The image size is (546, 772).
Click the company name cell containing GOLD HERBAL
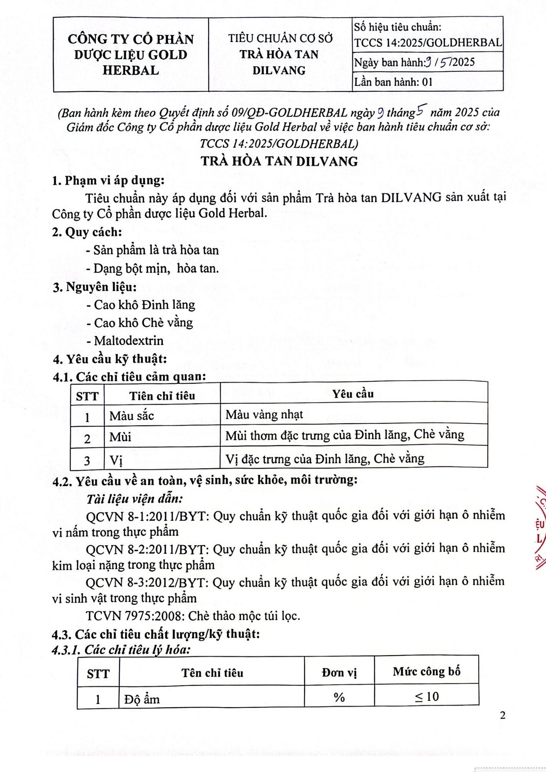pyautogui.click(x=131, y=54)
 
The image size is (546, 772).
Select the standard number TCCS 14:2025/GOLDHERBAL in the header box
pyautogui.click(x=428, y=42)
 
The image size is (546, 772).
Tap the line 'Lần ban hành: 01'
pyautogui.click(x=393, y=82)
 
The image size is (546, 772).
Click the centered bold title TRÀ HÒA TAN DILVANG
pyautogui.click(x=279, y=161)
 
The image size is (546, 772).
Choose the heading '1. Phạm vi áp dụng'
pyautogui.click(x=109, y=180)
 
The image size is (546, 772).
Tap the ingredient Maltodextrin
pyautogui.click(x=128, y=340)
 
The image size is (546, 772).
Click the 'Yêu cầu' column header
pyautogui.click(x=353, y=394)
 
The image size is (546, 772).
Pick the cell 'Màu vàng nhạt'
pyautogui.click(x=264, y=415)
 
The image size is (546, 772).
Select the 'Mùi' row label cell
pyautogui.click(x=120, y=437)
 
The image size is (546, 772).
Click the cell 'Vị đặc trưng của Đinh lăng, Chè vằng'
pyautogui.click(x=325, y=459)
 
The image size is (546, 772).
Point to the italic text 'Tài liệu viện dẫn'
pyautogui.click(x=134, y=499)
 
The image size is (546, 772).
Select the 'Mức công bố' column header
pyautogui.click(x=426, y=672)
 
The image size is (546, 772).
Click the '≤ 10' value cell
pyautogui.click(x=426, y=696)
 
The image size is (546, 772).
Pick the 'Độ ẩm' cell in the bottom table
pyautogui.click(x=142, y=699)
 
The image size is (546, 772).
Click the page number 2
pyautogui.click(x=502, y=715)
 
